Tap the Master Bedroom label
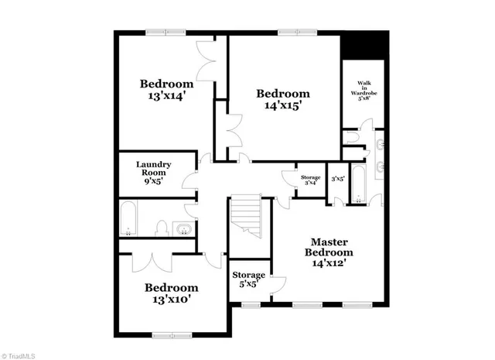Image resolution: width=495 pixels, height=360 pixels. (x=329, y=252)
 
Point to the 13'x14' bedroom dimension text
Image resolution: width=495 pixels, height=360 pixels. (x=166, y=98)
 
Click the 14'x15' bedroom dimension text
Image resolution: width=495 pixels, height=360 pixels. (x=283, y=108)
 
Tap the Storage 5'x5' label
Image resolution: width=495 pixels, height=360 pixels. (x=249, y=279)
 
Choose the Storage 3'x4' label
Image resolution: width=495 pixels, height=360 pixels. (x=311, y=180)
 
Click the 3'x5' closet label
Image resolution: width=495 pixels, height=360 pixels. (x=337, y=177)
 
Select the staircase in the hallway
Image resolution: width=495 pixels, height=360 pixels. (x=247, y=216)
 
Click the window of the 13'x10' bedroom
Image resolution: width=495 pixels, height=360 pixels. (x=171, y=334)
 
